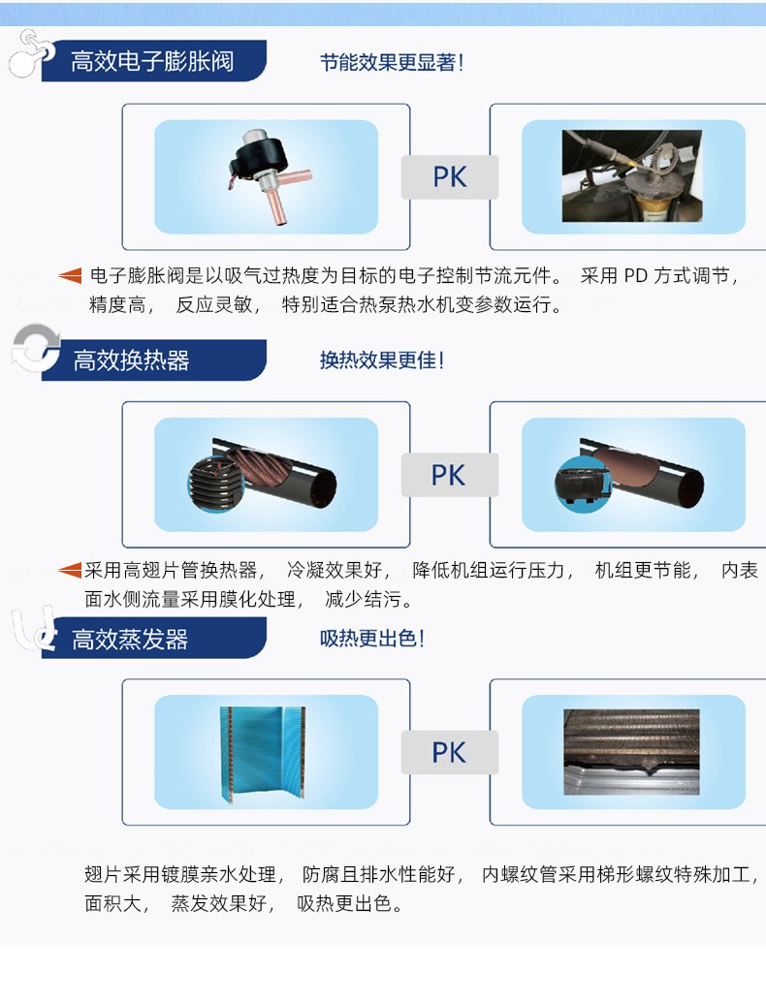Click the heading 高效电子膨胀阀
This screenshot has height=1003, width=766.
pos(152,61)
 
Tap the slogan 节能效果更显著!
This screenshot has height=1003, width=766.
pos(392,63)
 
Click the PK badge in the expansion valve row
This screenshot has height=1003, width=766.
pos(449,177)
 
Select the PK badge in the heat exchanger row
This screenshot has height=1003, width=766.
pos(449,475)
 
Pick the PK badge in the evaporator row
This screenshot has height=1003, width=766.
pos(449,753)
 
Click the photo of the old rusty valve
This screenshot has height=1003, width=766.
pos(631,176)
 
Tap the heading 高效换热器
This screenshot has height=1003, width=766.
pos(131,360)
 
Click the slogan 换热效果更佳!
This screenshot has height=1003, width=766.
pos(382,360)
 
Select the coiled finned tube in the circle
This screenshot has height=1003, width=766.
pos(216,484)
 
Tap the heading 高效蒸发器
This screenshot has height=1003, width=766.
pos(130,640)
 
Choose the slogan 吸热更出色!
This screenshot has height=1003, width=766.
pos(371,639)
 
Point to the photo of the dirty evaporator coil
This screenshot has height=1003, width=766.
pos(631,752)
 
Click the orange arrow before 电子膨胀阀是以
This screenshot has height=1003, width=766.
pos(70,275)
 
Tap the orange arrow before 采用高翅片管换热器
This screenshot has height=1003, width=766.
pos(70,569)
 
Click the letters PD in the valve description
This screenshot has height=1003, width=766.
pos(636,275)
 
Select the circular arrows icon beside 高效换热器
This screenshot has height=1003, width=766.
pos(35,349)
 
